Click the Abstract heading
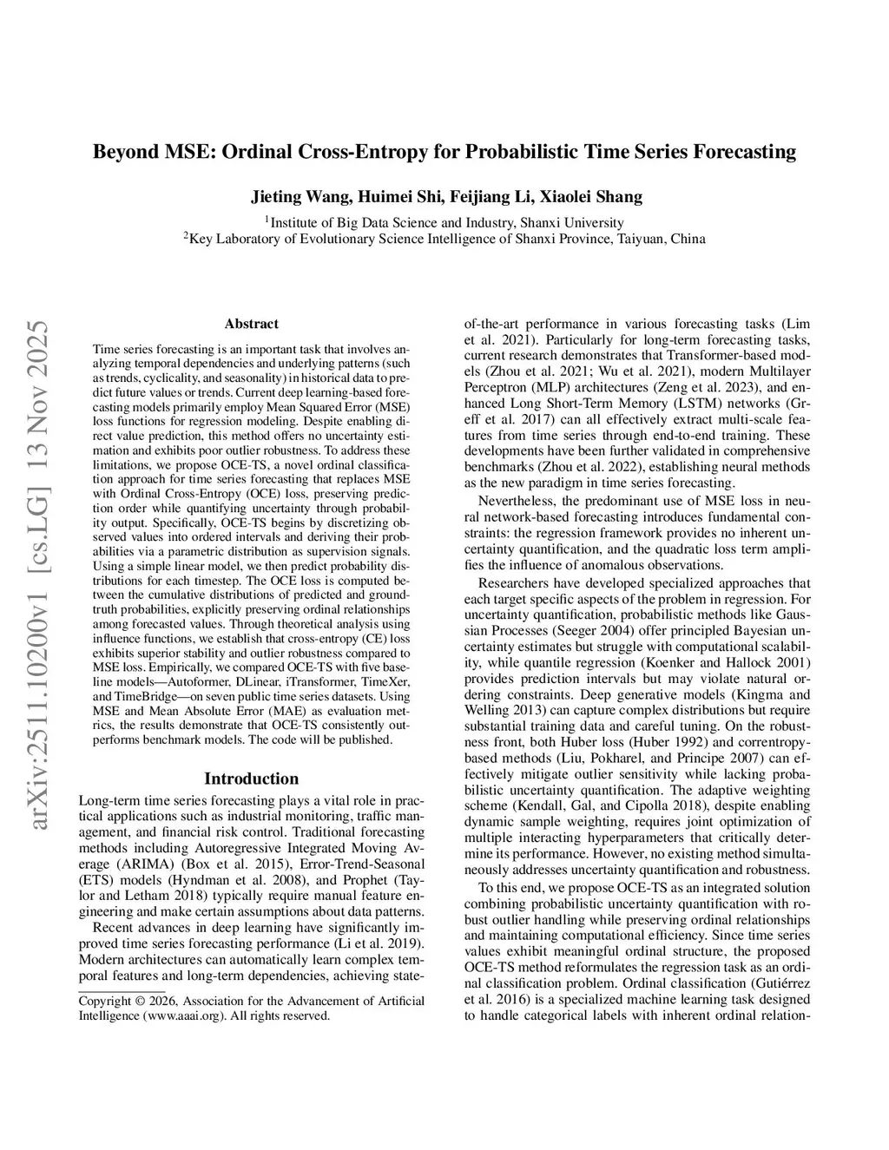coord(251,324)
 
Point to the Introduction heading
coord(251,779)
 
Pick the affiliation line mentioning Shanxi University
coord(444,222)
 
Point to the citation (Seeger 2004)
coord(594,630)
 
